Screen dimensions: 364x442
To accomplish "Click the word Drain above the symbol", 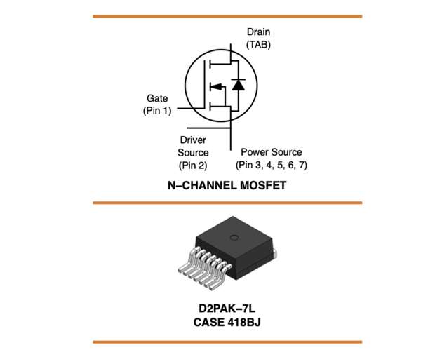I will tap(258, 32).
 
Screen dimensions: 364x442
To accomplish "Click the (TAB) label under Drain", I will tap(258, 44).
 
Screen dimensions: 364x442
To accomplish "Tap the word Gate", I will tap(157, 98).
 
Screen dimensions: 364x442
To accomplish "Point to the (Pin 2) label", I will tap(193, 166).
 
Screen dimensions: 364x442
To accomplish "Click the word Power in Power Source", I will tap(255, 152).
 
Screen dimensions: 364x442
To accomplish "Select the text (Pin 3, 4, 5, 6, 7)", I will tap(272, 166).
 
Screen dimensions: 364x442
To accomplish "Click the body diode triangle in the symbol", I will tap(239, 86).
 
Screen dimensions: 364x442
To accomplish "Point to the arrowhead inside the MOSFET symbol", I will tap(216, 86).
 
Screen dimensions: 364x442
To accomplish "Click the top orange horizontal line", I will tap(227, 16).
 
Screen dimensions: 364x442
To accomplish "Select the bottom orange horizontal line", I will tap(227, 342).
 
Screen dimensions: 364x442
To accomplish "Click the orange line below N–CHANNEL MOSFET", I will tap(227, 203).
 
